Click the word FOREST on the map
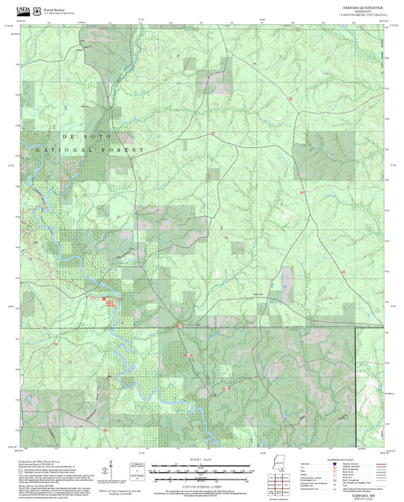(121, 152)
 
